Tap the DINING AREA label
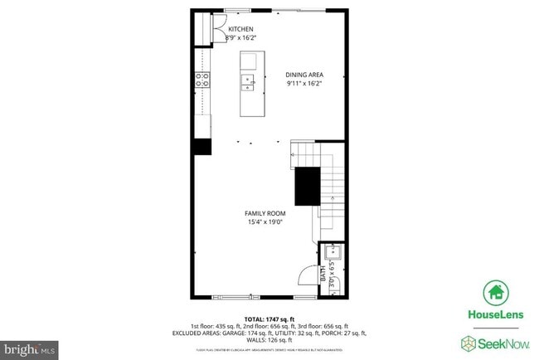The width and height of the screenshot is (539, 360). pos(303,74)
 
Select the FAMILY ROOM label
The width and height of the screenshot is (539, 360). pos(265,212)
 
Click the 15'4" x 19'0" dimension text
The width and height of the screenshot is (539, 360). pos(265,221)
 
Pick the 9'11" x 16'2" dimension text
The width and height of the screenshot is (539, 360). pos(303,83)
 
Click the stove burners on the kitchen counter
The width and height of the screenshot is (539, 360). pos(202,80)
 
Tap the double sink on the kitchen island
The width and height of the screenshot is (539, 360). pos(248,81)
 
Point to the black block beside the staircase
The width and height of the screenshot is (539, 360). pos(308,186)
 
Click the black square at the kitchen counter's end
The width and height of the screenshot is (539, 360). pos(202,147)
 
